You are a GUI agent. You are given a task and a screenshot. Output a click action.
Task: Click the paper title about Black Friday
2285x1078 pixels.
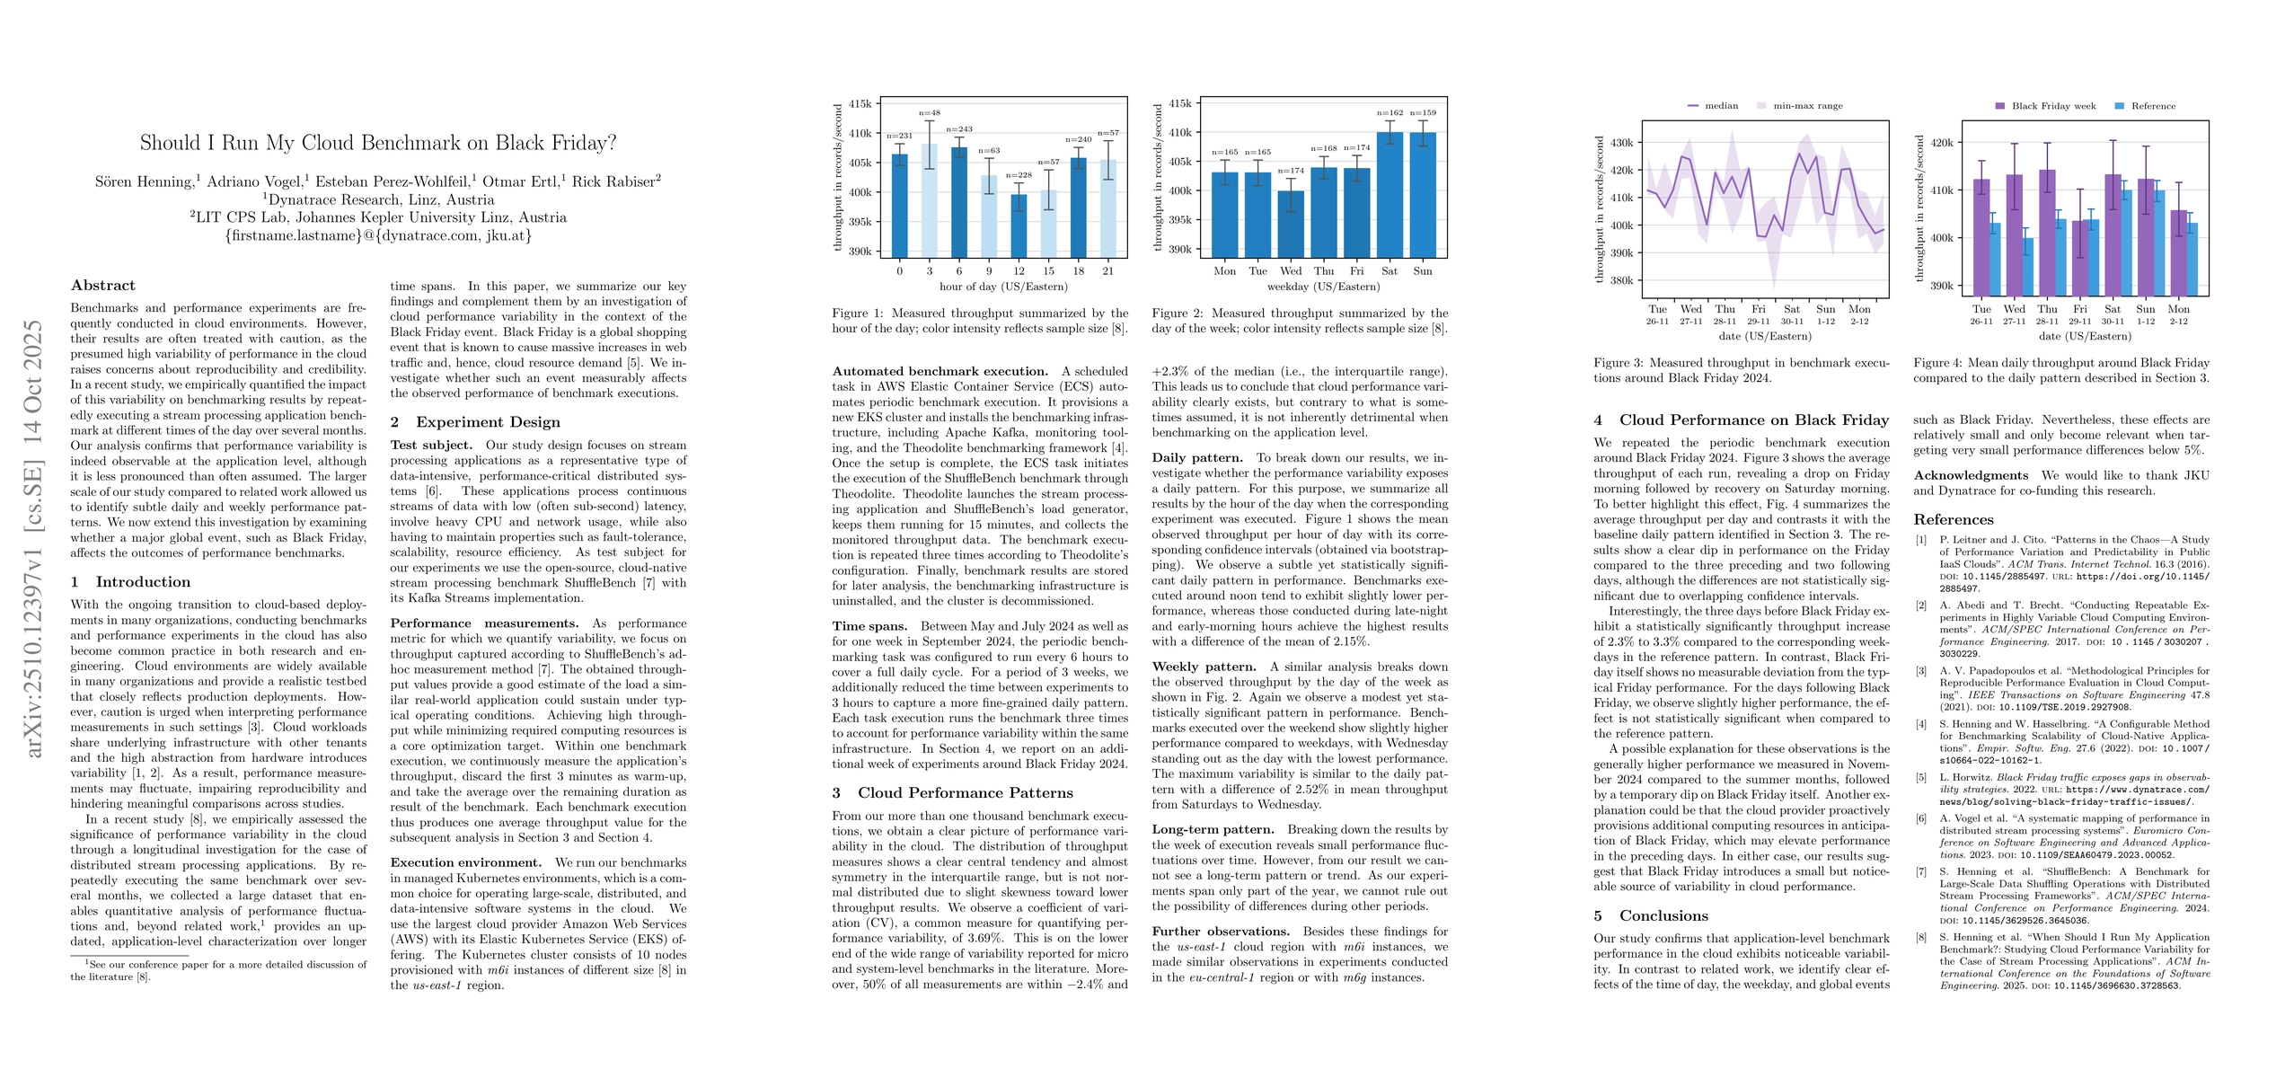click(378, 143)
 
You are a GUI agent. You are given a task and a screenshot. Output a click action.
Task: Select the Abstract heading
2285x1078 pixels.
click(103, 286)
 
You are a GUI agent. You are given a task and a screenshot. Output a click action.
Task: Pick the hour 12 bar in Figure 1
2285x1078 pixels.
click(1019, 226)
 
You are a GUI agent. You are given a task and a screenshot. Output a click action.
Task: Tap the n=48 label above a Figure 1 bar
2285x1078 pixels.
click(930, 113)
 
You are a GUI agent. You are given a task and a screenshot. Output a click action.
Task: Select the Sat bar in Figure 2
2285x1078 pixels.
click(1390, 195)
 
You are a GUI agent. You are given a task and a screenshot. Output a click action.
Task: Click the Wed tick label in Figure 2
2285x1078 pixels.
click(1291, 271)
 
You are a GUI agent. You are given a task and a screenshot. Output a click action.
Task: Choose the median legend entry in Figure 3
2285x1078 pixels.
click(1713, 106)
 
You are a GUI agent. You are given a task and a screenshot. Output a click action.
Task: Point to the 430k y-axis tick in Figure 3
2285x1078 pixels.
click(1622, 143)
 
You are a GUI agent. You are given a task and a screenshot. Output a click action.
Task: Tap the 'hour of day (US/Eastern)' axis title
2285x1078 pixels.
click(1003, 287)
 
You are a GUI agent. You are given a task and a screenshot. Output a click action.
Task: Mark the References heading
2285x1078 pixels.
click(1954, 520)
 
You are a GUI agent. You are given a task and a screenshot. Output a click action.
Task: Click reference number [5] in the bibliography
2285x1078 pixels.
click(1921, 778)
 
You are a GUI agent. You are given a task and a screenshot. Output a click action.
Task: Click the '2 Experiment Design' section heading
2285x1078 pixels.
click(475, 422)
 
